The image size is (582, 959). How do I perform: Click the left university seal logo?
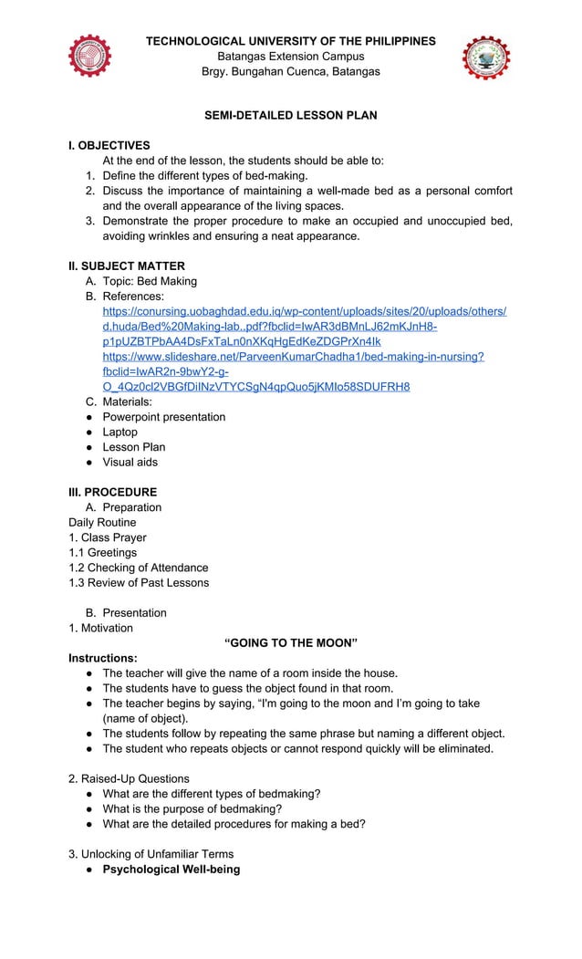[89, 57]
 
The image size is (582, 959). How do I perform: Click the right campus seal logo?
[486, 58]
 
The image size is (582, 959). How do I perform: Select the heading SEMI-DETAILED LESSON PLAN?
[290, 116]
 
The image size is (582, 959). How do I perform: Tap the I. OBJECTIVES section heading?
[109, 145]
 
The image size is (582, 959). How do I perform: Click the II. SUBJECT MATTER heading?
[127, 266]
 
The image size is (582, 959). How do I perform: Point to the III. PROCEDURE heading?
[112, 492]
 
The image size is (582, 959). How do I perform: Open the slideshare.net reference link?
[293, 356]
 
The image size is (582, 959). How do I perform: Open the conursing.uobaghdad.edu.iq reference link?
[304, 311]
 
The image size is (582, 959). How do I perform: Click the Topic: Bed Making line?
[149, 281]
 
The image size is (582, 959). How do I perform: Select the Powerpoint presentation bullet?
[163, 417]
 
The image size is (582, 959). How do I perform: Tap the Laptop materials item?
[120, 432]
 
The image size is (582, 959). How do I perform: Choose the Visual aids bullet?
[130, 462]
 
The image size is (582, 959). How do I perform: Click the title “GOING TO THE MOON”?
[290, 642]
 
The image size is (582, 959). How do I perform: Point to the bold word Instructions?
[103, 658]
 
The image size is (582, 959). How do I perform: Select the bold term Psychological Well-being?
[171, 869]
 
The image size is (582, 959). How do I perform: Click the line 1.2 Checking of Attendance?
[138, 568]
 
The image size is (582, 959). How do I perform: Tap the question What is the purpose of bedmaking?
[192, 808]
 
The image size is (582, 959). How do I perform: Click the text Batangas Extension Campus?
[290, 57]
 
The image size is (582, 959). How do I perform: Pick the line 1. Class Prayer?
[107, 537]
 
